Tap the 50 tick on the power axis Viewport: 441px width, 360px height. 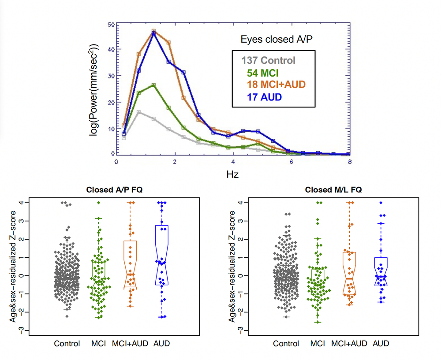[112, 24]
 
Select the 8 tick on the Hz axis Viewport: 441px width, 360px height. [349, 162]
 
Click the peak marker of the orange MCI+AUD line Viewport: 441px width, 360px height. [153, 31]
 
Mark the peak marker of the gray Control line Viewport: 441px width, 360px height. [139, 112]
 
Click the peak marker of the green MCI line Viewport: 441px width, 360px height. [153, 85]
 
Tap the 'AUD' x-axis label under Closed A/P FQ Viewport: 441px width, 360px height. [162, 343]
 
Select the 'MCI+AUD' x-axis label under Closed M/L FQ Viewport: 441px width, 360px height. [349, 343]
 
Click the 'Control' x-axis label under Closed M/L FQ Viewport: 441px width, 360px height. [286, 343]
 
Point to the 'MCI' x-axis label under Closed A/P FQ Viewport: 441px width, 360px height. [98, 343]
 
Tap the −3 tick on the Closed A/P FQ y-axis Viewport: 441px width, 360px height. [26, 330]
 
